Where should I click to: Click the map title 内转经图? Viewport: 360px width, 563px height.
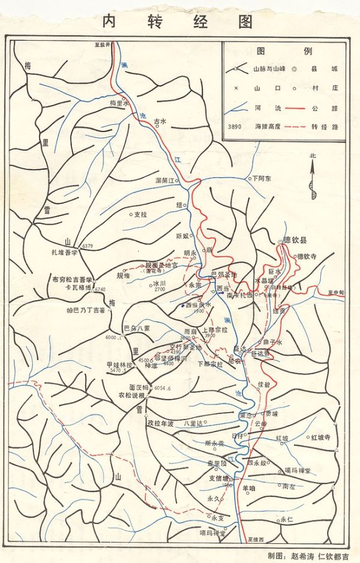point(178,21)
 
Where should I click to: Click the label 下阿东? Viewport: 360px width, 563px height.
point(262,178)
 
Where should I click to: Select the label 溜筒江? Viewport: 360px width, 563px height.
point(164,180)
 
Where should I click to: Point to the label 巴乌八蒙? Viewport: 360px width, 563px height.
point(136,328)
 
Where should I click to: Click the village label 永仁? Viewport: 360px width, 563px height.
point(286,520)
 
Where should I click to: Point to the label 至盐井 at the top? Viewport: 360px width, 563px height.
point(103,45)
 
